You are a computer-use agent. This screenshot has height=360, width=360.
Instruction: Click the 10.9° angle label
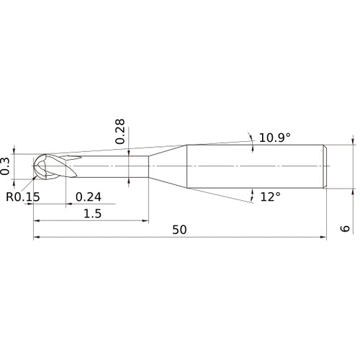[274, 138]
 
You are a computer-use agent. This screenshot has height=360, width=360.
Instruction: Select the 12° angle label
[270, 197]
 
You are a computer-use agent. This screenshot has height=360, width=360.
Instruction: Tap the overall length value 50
[179, 230]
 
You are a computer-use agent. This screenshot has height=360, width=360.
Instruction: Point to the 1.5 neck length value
[92, 213]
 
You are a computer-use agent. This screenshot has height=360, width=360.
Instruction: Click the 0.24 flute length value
[89, 197]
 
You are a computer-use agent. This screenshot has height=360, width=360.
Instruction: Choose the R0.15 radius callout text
[23, 197]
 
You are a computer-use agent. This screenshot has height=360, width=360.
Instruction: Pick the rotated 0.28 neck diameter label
[120, 131]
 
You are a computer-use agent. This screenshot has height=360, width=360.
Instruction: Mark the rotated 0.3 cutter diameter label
[5, 166]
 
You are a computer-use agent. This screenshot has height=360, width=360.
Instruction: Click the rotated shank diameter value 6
[345, 228]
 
